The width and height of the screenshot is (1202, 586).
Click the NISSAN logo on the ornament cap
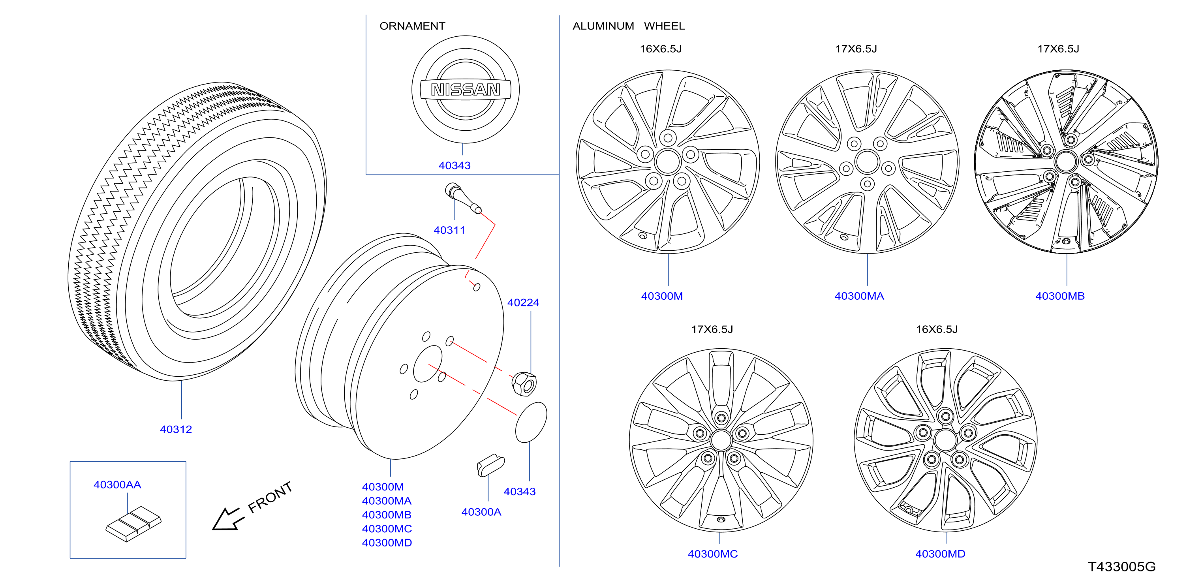coord(465,89)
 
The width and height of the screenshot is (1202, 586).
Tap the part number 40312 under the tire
coord(176,429)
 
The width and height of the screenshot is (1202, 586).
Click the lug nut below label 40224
coord(524,383)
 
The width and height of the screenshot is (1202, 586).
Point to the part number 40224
coord(523,302)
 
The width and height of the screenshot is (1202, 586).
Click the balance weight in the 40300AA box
coord(133,524)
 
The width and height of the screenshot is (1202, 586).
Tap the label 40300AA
coord(117,485)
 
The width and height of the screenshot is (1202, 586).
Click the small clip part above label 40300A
coord(491,465)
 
